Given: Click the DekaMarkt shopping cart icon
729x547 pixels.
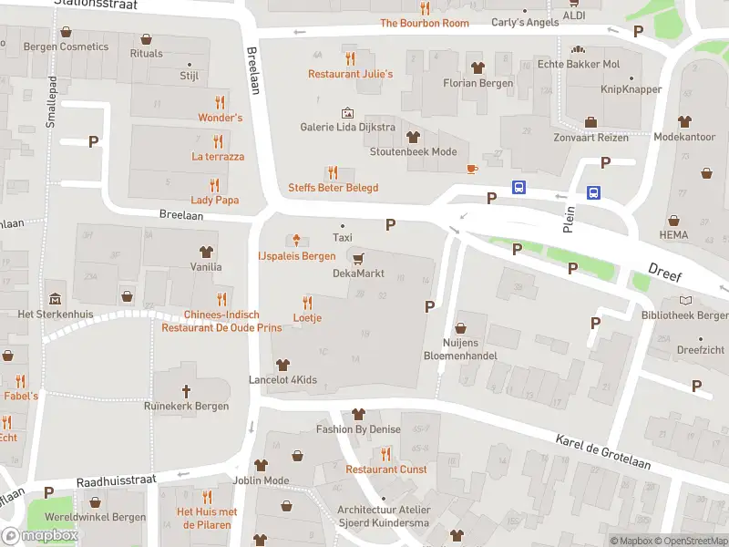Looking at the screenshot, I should (x=358, y=258).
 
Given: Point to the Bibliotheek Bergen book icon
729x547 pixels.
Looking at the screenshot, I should (x=685, y=300).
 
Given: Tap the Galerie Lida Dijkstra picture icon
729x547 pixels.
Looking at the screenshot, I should (x=347, y=112).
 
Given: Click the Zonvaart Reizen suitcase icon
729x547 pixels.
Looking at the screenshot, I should (x=590, y=122).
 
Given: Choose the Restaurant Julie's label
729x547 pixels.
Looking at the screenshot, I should (x=350, y=74).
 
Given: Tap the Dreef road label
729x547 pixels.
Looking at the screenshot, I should (x=665, y=270).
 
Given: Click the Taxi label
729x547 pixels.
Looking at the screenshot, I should (x=343, y=237).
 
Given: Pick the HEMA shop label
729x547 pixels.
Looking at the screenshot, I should (x=673, y=235).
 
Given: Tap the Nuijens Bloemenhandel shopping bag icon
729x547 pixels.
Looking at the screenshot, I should (x=460, y=327).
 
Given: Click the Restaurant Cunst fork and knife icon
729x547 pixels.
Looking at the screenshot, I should (x=385, y=453).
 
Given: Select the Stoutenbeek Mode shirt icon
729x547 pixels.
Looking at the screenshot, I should (x=413, y=137).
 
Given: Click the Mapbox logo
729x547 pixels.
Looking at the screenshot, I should (x=40, y=536).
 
